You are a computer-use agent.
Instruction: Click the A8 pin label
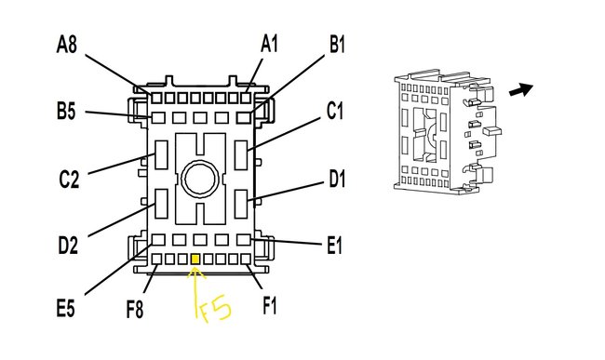(x=66, y=44)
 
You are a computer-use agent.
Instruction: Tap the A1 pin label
(x=269, y=43)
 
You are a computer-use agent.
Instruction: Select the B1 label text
(x=337, y=44)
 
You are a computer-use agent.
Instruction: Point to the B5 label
(x=66, y=112)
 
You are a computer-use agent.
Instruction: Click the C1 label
(x=334, y=111)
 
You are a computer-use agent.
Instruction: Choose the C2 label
(x=69, y=180)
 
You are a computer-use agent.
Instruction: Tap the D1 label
(x=337, y=179)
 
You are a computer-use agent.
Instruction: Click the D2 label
(x=68, y=246)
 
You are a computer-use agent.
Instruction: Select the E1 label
(x=334, y=246)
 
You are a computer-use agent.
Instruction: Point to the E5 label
(x=65, y=308)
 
